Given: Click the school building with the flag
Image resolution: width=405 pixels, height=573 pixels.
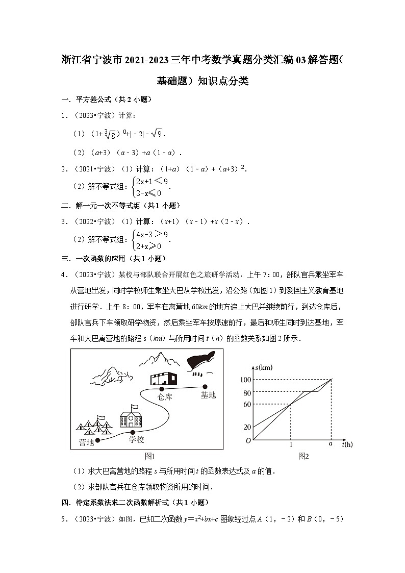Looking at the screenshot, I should pos(131,416).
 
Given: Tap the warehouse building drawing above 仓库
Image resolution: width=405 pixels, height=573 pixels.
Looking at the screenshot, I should pos(163,378).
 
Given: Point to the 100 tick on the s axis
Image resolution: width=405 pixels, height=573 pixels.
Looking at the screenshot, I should pos(245,380).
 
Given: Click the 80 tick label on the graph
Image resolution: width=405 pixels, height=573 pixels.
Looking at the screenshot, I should pos(247,393).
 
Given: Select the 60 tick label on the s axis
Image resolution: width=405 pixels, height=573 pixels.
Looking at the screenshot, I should pos(247,405).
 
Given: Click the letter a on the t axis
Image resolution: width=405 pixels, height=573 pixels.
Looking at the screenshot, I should pos(331,443).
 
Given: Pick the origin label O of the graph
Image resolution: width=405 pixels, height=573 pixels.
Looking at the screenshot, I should pos(248,440).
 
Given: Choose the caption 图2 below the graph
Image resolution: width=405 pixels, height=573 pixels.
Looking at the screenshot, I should pos(303,456).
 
